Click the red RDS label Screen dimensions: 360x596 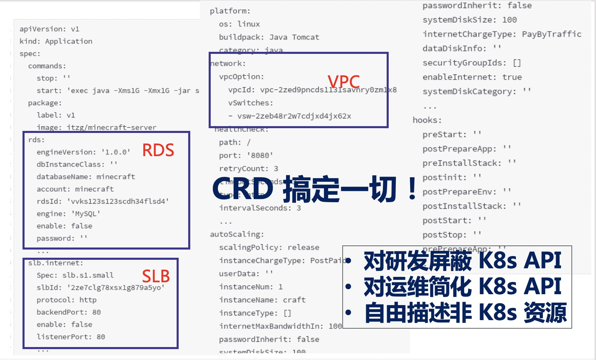click(x=158, y=150)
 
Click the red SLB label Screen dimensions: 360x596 click(x=156, y=276)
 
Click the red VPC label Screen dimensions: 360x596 click(x=343, y=82)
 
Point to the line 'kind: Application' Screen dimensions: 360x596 click(x=56, y=41)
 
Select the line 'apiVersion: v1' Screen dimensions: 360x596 click(x=49, y=29)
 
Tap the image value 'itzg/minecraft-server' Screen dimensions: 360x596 click(x=111, y=127)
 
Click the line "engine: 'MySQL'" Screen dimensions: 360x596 click(x=69, y=214)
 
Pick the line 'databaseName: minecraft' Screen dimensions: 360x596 click(x=86, y=177)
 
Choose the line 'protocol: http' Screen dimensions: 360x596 click(x=66, y=300)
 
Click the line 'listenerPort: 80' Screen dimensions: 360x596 click(x=71, y=337)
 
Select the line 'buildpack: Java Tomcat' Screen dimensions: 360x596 click(x=269, y=37)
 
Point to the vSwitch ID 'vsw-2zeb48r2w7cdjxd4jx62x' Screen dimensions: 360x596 click(x=294, y=116)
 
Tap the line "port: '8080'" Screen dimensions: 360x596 click(x=246, y=155)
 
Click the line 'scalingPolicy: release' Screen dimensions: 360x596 click(x=269, y=247)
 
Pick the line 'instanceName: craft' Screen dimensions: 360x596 click(x=262, y=300)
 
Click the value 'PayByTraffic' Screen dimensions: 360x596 click(x=551, y=34)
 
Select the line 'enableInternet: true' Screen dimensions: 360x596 click(x=472, y=77)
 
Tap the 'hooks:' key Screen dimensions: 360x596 click(x=427, y=120)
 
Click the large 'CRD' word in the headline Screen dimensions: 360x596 click(x=243, y=189)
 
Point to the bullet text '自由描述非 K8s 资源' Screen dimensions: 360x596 click(x=465, y=313)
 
